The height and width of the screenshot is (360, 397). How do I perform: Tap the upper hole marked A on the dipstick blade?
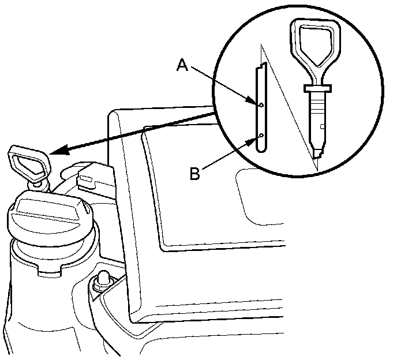pyautogui.click(x=261, y=105)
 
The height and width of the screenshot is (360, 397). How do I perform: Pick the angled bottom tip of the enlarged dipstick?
pyautogui.click(x=316, y=153)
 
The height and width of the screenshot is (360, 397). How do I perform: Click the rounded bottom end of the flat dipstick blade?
pyautogui.click(x=261, y=149)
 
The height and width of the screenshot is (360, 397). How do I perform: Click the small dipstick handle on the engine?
pyautogui.click(x=29, y=162)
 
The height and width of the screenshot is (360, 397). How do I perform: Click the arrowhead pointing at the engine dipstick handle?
pyautogui.click(x=57, y=151)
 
